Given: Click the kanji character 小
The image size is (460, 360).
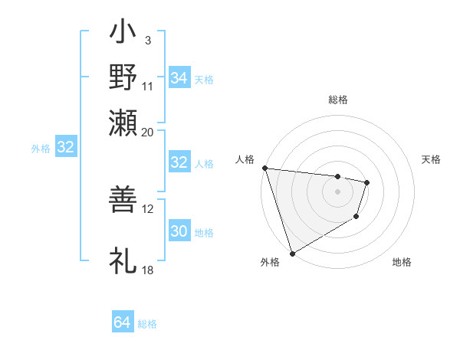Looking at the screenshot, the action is (123, 35).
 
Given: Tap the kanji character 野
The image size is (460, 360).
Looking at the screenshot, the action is (123, 77).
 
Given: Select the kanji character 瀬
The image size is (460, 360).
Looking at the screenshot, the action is (123, 122).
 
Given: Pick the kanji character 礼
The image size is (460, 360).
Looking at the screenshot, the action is (123, 261).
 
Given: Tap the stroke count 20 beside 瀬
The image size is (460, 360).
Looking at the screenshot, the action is (148, 131).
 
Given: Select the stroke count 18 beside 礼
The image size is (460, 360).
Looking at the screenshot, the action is (148, 270).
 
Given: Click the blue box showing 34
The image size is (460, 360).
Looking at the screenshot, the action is (179, 78).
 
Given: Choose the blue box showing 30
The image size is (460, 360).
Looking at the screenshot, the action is (179, 232).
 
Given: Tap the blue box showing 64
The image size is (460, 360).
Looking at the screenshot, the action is (122, 322).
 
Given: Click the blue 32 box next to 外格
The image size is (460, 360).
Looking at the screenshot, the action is (65, 148).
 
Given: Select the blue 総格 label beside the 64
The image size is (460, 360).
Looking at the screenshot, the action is (147, 324).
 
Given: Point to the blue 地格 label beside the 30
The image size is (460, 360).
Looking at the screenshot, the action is (204, 233).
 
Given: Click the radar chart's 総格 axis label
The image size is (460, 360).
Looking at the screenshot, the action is (338, 100).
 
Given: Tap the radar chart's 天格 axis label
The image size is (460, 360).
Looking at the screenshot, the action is (432, 159).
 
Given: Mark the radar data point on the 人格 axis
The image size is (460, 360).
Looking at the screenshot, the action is (264, 168).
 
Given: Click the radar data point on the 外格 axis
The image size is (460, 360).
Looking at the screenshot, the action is (292, 253).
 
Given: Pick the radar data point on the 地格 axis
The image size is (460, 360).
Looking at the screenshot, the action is (357, 218).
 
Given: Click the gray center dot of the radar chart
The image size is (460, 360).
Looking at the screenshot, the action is (338, 191).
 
